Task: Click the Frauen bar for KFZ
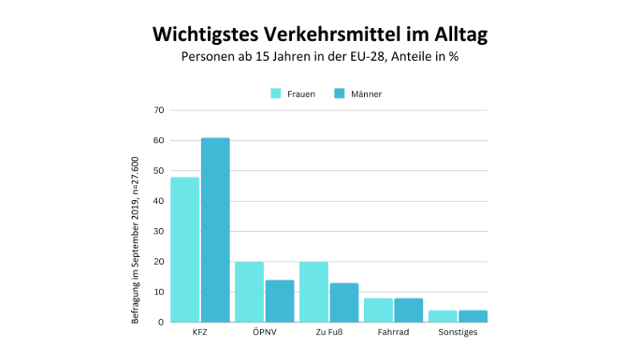pyautogui.click(x=185, y=250)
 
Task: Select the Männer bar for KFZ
pyautogui.click(x=215, y=230)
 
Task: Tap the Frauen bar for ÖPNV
pyautogui.click(x=249, y=292)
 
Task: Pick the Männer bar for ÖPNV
pyautogui.click(x=280, y=301)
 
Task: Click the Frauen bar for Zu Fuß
pyautogui.click(x=313, y=292)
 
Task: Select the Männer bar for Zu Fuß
pyautogui.click(x=344, y=302)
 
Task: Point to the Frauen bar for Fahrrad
pyautogui.click(x=378, y=310)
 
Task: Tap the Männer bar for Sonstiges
pyautogui.click(x=473, y=316)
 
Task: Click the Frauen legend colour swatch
pyautogui.click(x=276, y=94)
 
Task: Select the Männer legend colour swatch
pyautogui.click(x=338, y=94)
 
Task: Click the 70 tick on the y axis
pyautogui.click(x=158, y=110)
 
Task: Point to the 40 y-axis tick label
pyautogui.click(x=158, y=201)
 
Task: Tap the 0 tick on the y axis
pyautogui.click(x=161, y=322)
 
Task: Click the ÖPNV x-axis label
pyautogui.click(x=264, y=332)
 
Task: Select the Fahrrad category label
pyautogui.click(x=393, y=332)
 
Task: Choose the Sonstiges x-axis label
pyautogui.click(x=458, y=332)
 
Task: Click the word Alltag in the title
pyautogui.click(x=454, y=35)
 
